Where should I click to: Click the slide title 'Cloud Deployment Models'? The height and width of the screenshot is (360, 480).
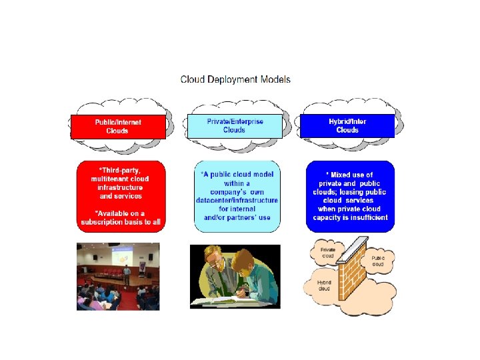(235, 79)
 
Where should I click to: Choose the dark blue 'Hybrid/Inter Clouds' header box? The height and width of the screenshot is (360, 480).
(347, 125)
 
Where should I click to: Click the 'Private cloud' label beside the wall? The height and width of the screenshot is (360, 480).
(328, 253)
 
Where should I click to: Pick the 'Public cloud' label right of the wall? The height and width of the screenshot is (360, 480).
(378, 260)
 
